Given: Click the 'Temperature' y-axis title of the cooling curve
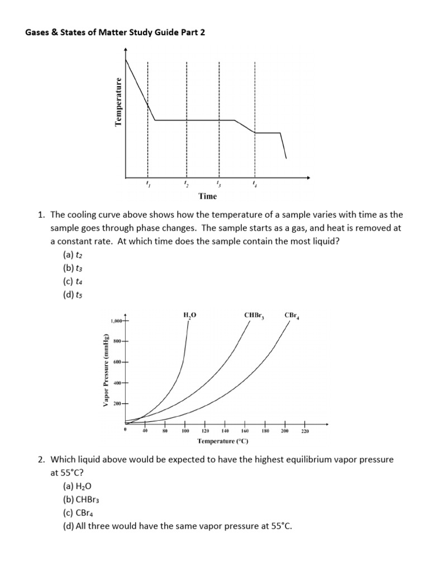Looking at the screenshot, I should pyautogui.click(x=118, y=101).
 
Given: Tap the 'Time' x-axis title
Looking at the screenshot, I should pyautogui.click(x=207, y=196).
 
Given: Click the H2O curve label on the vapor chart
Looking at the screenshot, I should pyautogui.click(x=190, y=316).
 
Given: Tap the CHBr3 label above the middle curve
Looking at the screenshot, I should pyautogui.click(x=254, y=316).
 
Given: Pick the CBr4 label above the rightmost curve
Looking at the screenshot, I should pyautogui.click(x=292, y=316).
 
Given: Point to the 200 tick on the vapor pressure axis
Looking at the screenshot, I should pyautogui.click(x=118, y=403).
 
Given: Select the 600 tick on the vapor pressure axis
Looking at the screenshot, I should pyautogui.click(x=118, y=362).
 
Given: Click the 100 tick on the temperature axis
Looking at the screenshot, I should pyautogui.click(x=185, y=431).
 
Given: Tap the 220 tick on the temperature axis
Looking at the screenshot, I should pyautogui.click(x=304, y=431).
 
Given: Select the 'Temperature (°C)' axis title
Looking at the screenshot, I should pyautogui.click(x=223, y=442).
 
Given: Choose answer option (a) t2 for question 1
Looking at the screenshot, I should pyautogui.click(x=73, y=254).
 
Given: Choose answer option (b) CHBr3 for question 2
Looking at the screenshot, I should pyautogui.click(x=81, y=500).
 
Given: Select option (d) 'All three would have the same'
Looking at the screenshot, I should pyautogui.click(x=178, y=527).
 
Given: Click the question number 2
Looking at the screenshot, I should pyautogui.click(x=41, y=459).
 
